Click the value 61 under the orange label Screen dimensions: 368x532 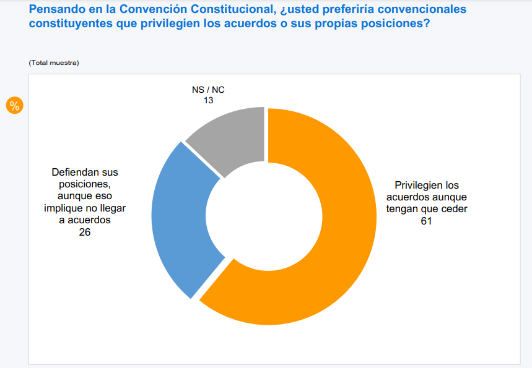pyautogui.click(x=425, y=220)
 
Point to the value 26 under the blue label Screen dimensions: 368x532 pyautogui.click(x=85, y=232)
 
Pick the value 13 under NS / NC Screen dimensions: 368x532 pyautogui.click(x=208, y=100)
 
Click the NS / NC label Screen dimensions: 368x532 pyautogui.click(x=208, y=90)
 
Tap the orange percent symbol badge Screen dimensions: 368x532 pyautogui.click(x=14, y=105)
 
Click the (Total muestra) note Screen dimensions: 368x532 pyautogui.click(x=54, y=63)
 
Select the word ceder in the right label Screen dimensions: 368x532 pyautogui.click(x=455, y=208)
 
